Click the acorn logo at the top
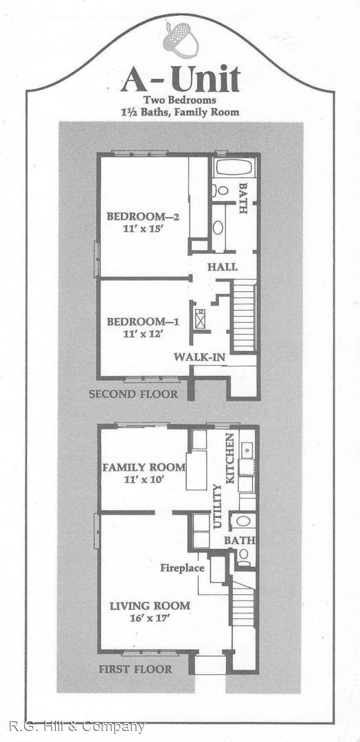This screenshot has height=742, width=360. pyautogui.click(x=180, y=40)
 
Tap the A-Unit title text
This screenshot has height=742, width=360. pyautogui.click(x=180, y=78)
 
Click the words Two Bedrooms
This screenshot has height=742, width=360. pyautogui.click(x=180, y=100)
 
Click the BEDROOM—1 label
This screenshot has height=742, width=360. pyautogui.click(x=143, y=322)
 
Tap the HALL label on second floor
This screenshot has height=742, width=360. pyautogui.click(x=223, y=267)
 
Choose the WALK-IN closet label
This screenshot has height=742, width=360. pyautogui.click(x=199, y=357)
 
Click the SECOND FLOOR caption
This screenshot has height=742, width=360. pyautogui.click(x=133, y=394)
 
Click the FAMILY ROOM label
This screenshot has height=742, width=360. pyautogui.click(x=144, y=468)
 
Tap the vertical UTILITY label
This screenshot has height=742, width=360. pyautogui.click(x=218, y=506)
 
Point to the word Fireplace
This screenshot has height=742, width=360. pyautogui.click(x=182, y=567)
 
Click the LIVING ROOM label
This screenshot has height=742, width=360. pyautogui.click(x=150, y=605)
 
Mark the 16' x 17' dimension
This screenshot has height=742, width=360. pyautogui.click(x=150, y=618)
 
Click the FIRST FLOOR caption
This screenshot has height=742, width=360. pyautogui.click(x=135, y=669)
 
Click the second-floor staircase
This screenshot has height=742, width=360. pyautogui.click(x=244, y=315)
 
